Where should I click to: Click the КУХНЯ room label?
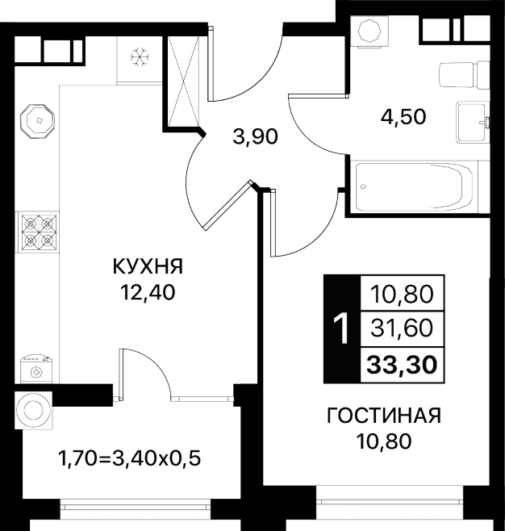pyautogui.click(x=148, y=265)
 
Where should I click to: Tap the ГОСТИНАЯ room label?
pyautogui.click(x=384, y=416)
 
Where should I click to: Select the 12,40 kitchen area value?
pyautogui.click(x=148, y=292)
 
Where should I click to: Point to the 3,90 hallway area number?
pyautogui.click(x=256, y=136)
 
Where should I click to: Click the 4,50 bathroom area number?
pyautogui.click(x=403, y=117)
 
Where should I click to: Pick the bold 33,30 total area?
pyautogui.click(x=402, y=365)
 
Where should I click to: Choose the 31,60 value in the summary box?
pyautogui.click(x=402, y=328)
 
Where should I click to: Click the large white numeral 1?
pyautogui.click(x=341, y=328)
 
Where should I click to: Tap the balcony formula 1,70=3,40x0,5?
pyautogui.click(x=130, y=458)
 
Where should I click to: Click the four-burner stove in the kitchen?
pyautogui.click(x=39, y=232)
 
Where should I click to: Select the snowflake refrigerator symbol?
pyautogui.click(x=139, y=56)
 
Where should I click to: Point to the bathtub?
pyautogui.click(x=414, y=186)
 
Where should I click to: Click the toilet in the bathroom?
pyautogui.click(x=464, y=75)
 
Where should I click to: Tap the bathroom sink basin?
pyautogui.click(x=473, y=122)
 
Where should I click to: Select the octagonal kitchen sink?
pyautogui.click(x=37, y=121)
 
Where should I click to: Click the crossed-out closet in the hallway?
pyautogui.click(x=183, y=81)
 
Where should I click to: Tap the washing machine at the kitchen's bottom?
pyautogui.click(x=36, y=369)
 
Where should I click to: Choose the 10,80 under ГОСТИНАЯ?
pyautogui.click(x=384, y=441)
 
